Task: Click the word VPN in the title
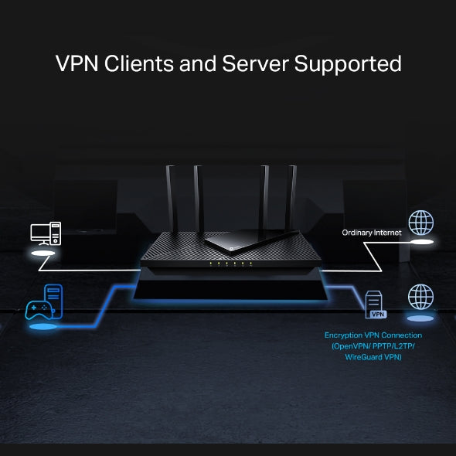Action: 79,63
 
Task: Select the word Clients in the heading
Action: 140,63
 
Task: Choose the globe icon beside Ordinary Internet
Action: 420,223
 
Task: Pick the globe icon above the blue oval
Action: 420,297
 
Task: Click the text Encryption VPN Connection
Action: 373,335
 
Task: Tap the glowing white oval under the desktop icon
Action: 43,253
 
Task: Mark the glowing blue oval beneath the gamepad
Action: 43,328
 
